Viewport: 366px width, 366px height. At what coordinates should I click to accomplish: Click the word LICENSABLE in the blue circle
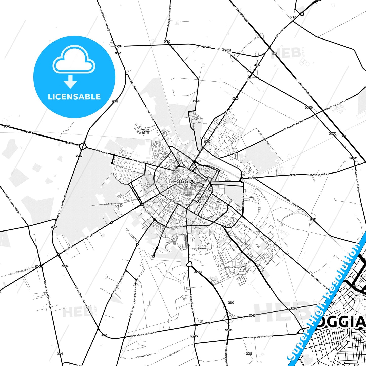[74, 97]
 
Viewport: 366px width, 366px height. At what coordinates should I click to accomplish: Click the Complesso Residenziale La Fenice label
[144, 131]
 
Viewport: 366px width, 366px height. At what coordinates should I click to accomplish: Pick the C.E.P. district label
[123, 167]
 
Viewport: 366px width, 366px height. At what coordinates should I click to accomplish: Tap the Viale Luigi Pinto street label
[111, 204]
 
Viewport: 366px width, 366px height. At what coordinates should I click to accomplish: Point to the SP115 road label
[39, 266]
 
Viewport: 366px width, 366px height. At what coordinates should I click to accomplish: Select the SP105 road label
[194, 336]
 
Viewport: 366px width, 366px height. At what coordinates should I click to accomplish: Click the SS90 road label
[60, 354]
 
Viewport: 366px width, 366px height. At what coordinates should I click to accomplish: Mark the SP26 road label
[293, 17]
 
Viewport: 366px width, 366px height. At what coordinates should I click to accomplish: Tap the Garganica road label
[280, 33]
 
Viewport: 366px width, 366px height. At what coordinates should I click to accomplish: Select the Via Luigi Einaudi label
[199, 249]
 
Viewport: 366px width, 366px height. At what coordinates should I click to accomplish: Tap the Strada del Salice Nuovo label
[260, 337]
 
